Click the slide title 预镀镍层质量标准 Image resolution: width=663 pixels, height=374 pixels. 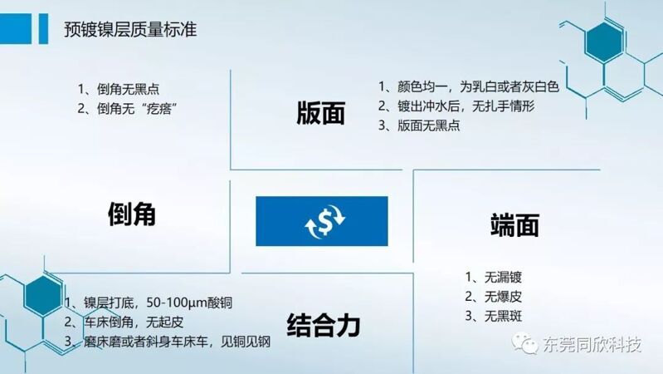click(x=130, y=29)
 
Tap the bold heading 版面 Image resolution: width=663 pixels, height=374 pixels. click(x=321, y=114)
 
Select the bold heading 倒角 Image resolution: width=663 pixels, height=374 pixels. click(x=132, y=214)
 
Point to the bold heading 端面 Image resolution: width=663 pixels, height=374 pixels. click(x=515, y=225)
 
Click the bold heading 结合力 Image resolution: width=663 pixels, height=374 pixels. click(x=324, y=325)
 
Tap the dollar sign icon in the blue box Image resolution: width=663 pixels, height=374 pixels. click(x=324, y=221)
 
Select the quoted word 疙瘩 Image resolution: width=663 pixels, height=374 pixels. click(x=158, y=109)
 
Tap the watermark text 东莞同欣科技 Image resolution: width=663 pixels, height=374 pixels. click(x=592, y=344)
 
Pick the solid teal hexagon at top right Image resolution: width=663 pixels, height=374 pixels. click(x=604, y=42)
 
